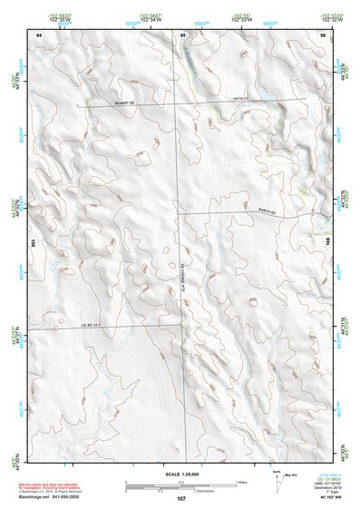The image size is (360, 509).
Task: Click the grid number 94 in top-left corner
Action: (38, 34)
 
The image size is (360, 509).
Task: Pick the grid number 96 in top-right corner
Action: (322, 34)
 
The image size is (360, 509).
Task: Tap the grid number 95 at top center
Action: (182, 34)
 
